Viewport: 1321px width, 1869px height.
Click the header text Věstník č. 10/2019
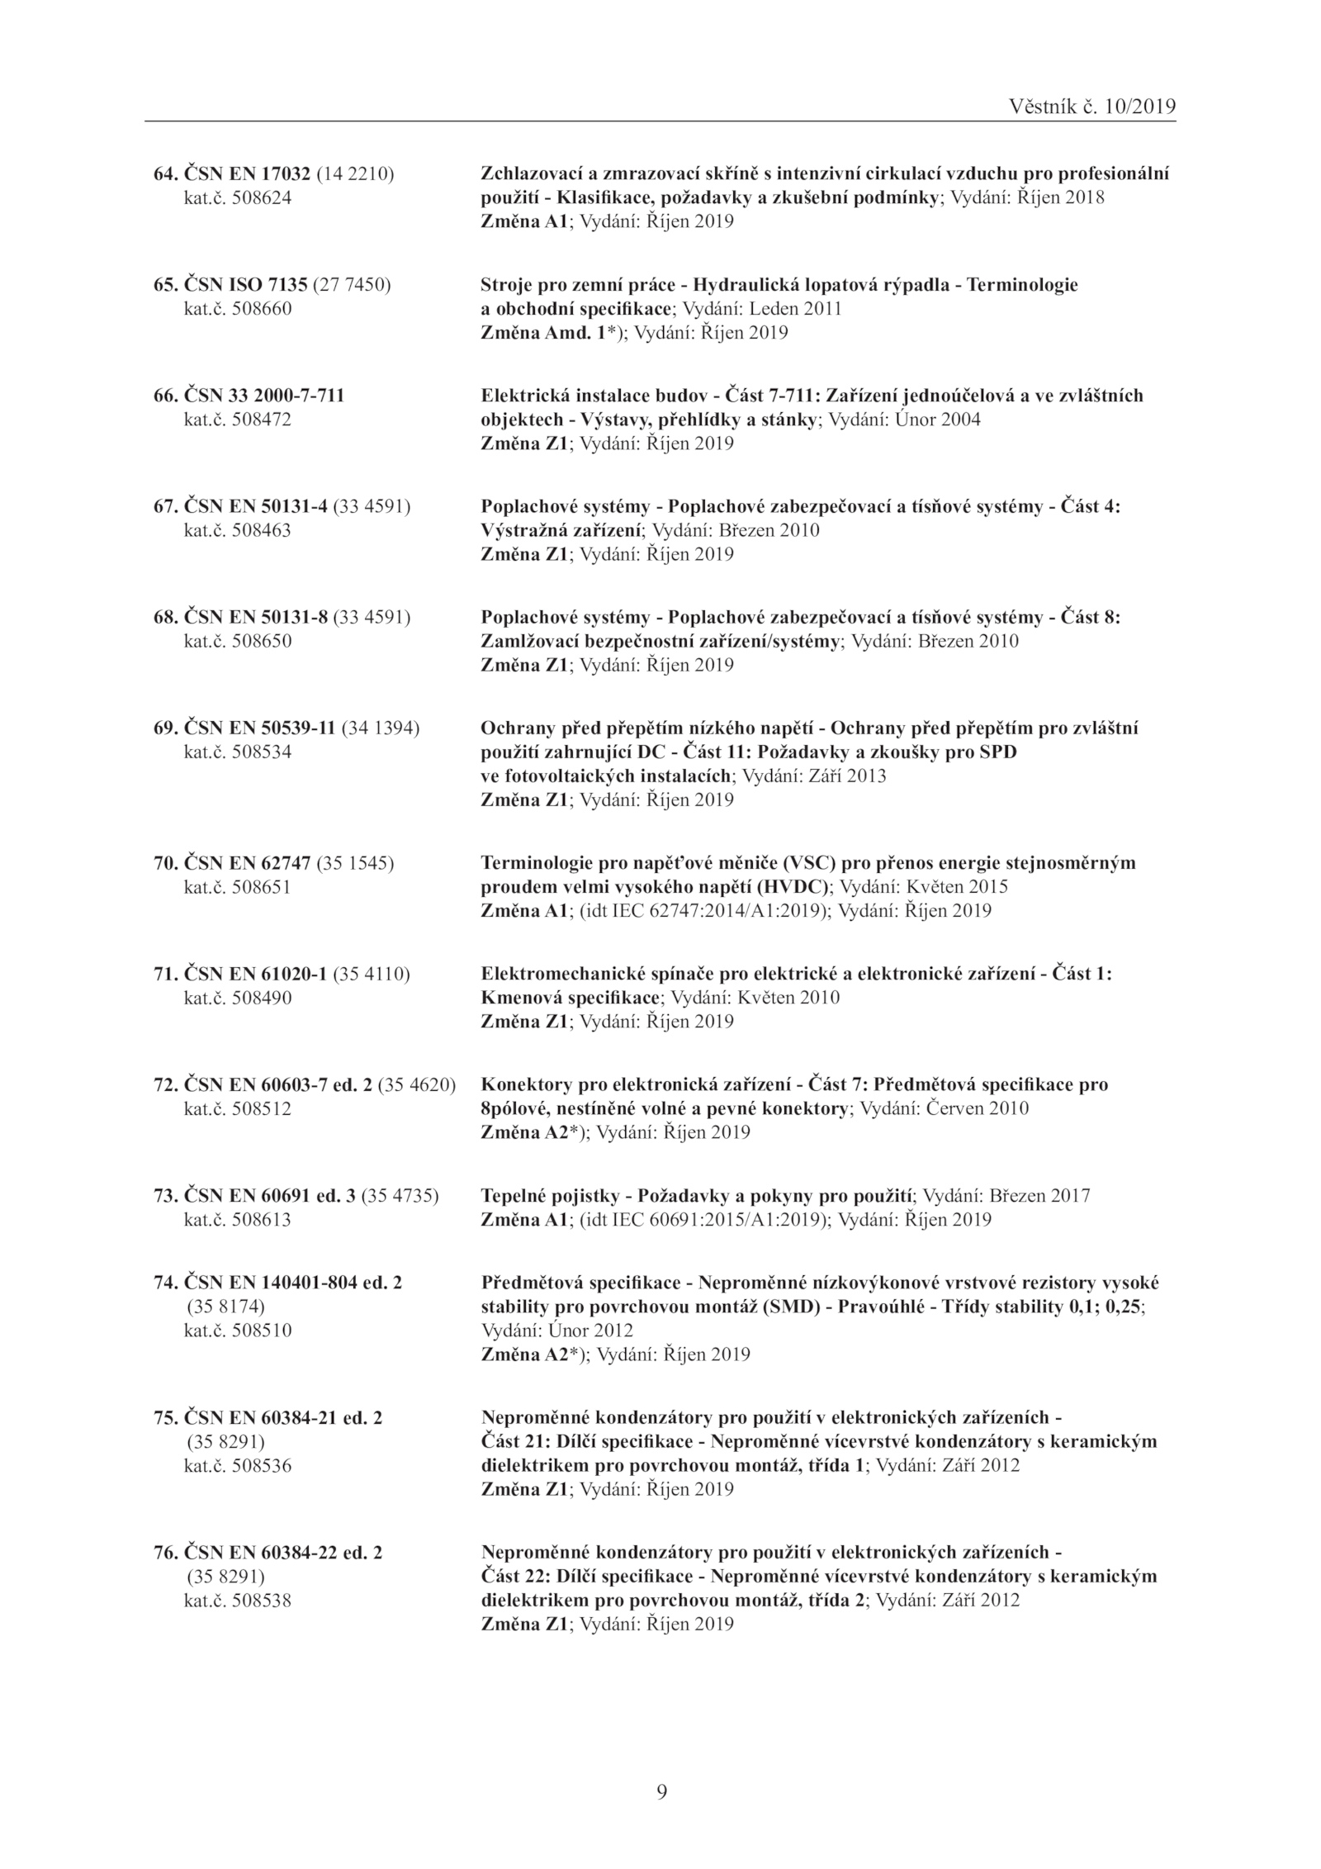[x=1092, y=107]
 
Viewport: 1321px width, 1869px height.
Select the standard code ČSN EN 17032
[x=246, y=174]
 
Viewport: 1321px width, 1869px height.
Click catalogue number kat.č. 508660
[x=237, y=309]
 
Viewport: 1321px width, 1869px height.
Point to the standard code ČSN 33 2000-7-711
[x=263, y=396]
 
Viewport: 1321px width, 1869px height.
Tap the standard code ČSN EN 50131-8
[x=256, y=617]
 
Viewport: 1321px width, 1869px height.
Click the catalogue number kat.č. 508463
[x=237, y=530]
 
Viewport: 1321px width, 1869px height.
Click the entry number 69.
[x=165, y=728]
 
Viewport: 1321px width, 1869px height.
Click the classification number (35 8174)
[x=225, y=1307]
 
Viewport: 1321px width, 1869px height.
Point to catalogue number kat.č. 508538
[x=237, y=1601]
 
